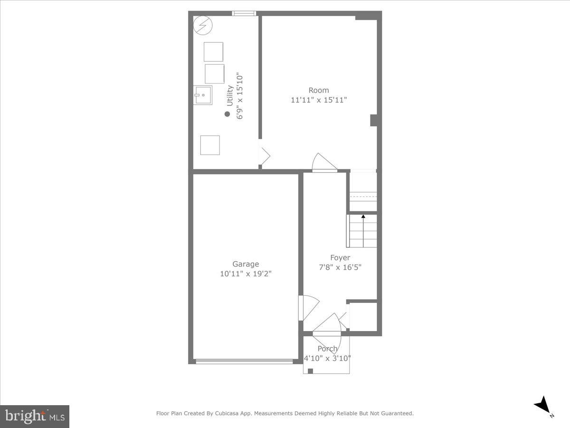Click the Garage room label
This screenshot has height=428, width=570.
(x=246, y=264)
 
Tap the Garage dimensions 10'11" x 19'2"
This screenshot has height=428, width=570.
(x=246, y=274)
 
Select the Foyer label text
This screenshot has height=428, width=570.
(x=340, y=258)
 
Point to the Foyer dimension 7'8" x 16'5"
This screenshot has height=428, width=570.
(x=340, y=267)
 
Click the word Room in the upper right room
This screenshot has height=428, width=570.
(x=319, y=90)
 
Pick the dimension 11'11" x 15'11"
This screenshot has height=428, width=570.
(x=319, y=100)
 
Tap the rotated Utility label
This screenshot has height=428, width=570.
(x=230, y=96)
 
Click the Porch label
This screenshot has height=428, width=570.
(x=328, y=349)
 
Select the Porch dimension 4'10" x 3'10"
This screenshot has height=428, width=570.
(x=327, y=358)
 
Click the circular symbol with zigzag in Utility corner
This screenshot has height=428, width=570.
(x=203, y=25)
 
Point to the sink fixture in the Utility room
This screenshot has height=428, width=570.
(x=202, y=95)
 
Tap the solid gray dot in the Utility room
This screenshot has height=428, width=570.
(x=227, y=114)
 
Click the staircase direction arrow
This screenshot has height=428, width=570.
(x=363, y=217)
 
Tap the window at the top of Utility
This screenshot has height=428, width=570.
(x=244, y=13)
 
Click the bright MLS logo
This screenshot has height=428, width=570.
(x=35, y=417)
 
